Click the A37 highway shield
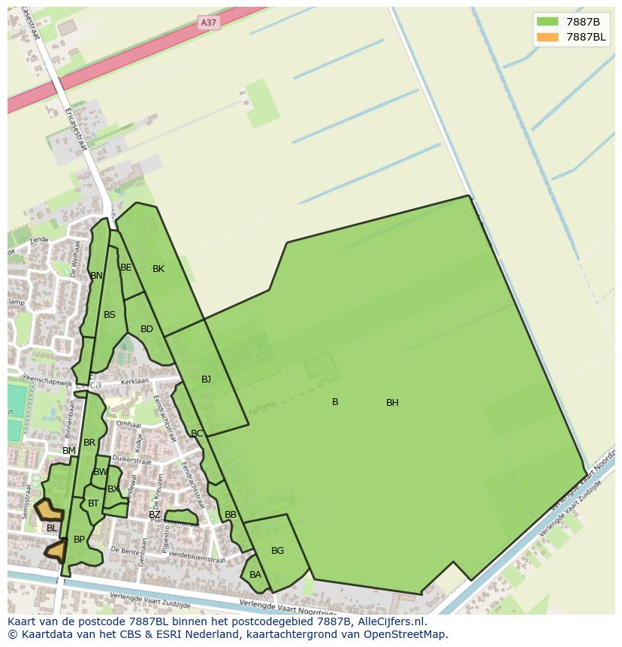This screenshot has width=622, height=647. [x=209, y=23]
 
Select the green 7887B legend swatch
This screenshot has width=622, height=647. [x=548, y=21]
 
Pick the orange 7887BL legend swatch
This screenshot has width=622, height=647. [x=548, y=37]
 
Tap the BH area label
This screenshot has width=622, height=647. [x=392, y=403]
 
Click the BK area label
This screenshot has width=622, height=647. [x=158, y=269]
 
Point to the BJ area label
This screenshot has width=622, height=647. [x=206, y=379]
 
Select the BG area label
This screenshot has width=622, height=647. [x=277, y=551]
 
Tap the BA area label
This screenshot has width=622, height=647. [x=255, y=575]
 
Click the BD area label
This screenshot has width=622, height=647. [x=146, y=329]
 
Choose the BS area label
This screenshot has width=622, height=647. [x=110, y=315]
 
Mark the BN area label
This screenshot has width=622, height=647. [x=96, y=276]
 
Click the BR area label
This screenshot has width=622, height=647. [x=89, y=443]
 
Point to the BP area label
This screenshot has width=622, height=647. [x=79, y=540]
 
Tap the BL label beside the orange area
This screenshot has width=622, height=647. [x=52, y=528]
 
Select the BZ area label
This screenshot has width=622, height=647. [x=154, y=515]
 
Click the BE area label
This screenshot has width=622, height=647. [x=126, y=268]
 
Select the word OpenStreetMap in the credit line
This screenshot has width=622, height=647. [x=406, y=634]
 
